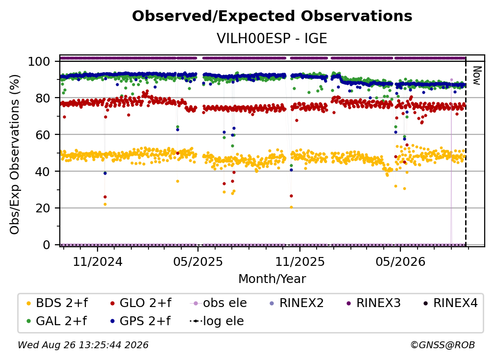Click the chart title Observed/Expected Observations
272,16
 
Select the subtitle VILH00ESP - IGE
272,38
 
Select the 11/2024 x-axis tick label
98,261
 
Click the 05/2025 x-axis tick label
198,261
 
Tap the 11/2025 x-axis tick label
300,261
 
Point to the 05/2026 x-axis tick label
400,261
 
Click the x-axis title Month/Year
272,279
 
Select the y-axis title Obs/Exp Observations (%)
15,154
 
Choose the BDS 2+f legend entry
57,303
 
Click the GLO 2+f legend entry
141,303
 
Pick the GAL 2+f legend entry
56,321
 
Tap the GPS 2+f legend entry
140,321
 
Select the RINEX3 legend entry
373,303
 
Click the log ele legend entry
217,321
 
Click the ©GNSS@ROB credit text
443,345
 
